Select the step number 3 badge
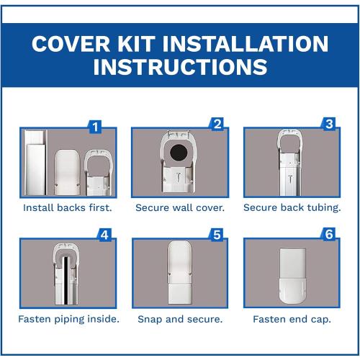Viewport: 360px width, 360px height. [x=329, y=124]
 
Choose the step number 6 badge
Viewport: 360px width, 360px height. [x=329, y=235]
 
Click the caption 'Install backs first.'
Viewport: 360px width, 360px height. [x=67, y=207]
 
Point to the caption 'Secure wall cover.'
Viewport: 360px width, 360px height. [x=179, y=207]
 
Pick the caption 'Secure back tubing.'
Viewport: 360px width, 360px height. [x=291, y=207]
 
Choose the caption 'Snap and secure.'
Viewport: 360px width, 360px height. [x=179, y=318]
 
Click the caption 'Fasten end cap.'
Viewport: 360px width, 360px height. [x=291, y=318]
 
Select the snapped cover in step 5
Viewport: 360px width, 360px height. [x=179, y=272]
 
